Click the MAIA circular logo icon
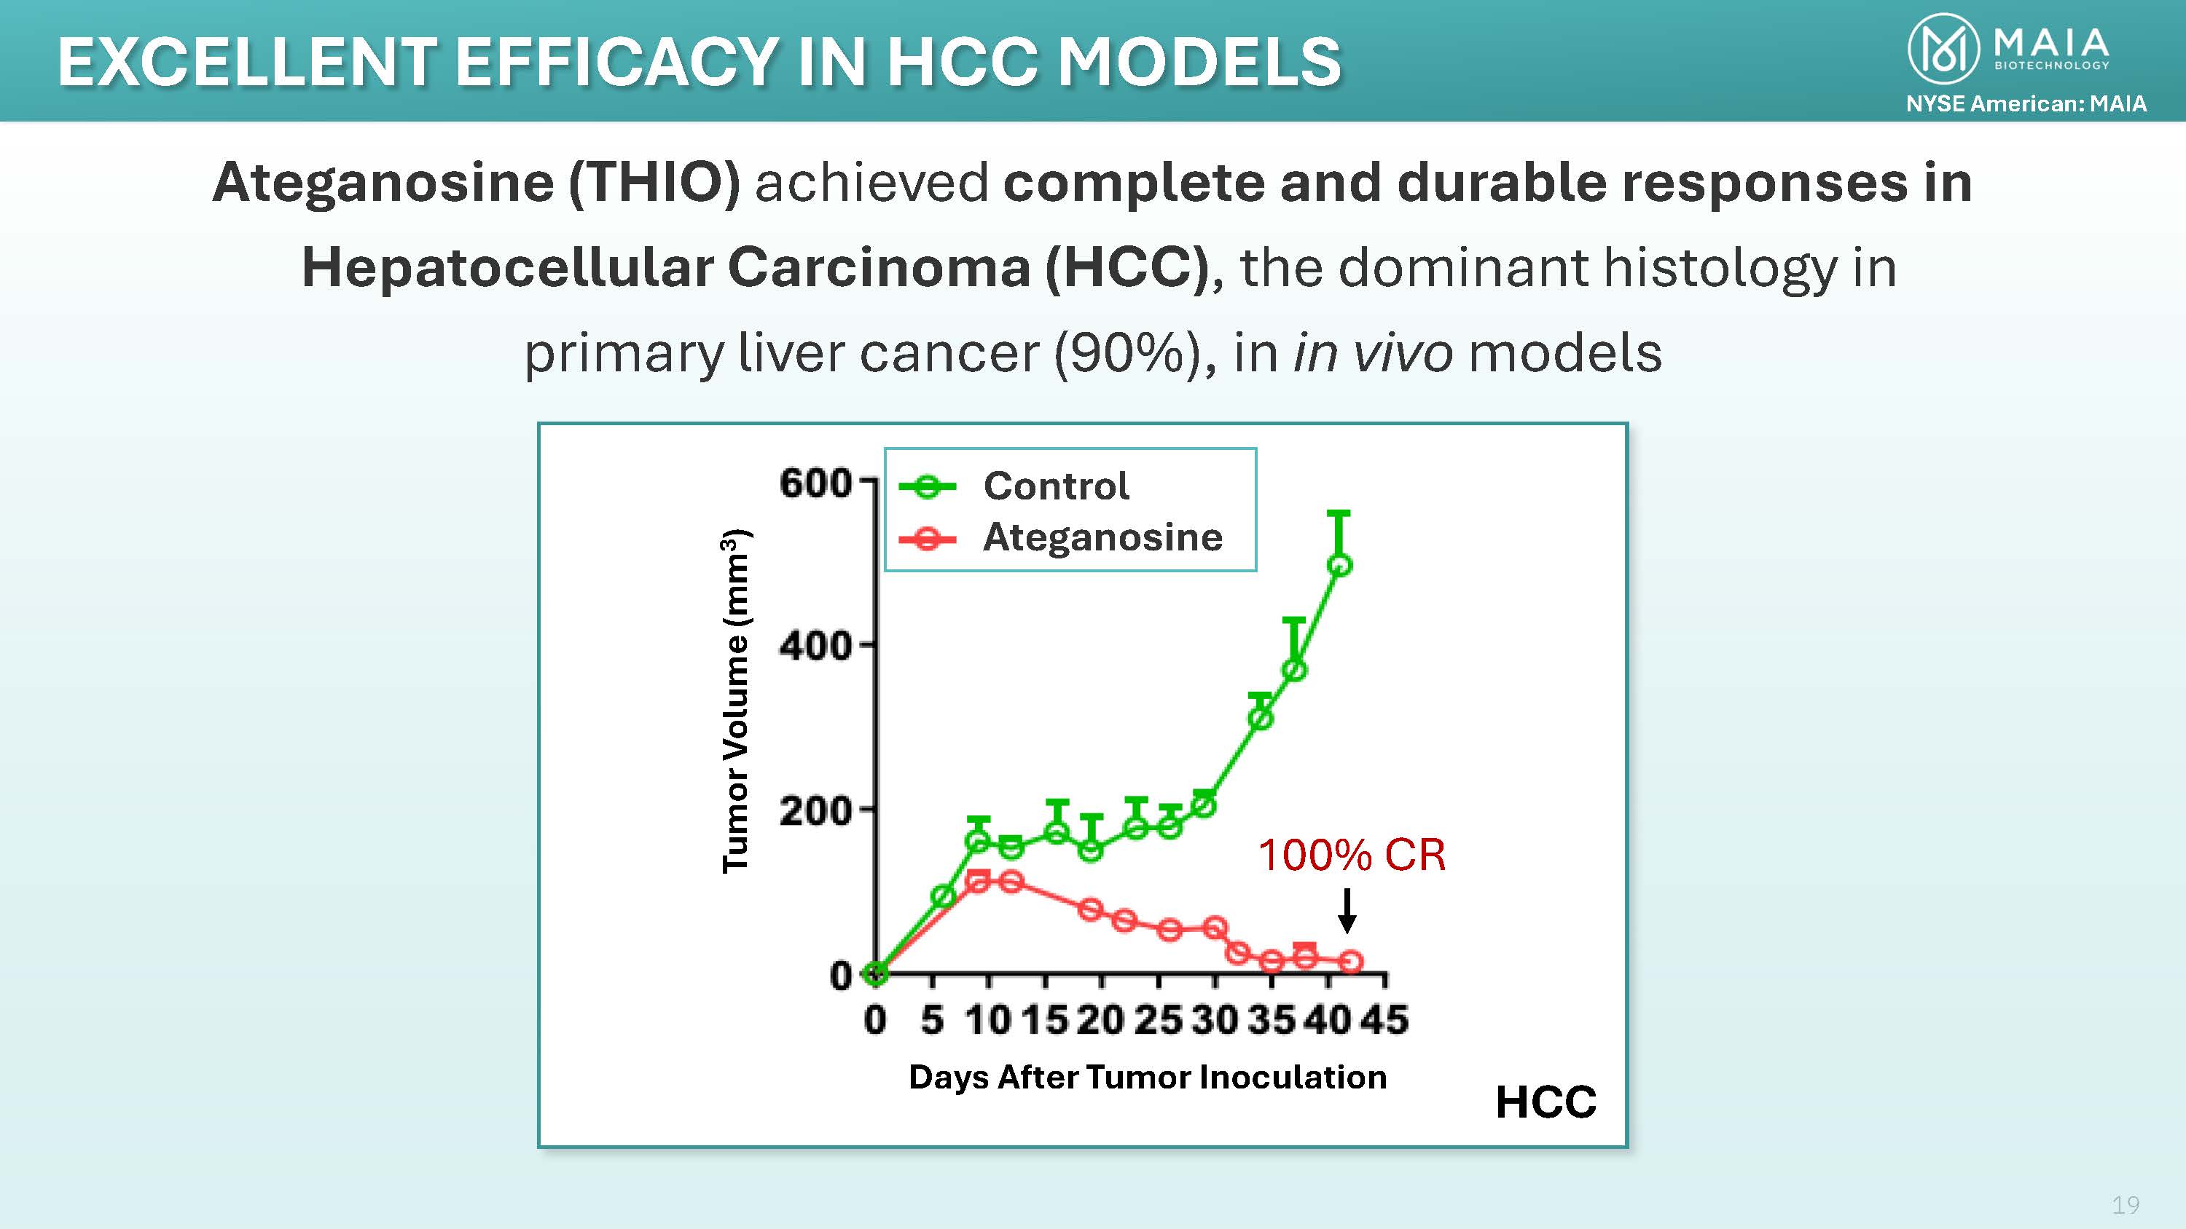pos(1943,50)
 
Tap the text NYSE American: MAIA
pos(2026,103)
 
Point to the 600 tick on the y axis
pos(815,483)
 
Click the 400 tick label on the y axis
pos(815,647)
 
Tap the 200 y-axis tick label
pos(815,812)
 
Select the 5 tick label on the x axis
pos(932,1019)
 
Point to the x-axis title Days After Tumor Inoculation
pos(1148,1077)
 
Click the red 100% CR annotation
pos(1351,855)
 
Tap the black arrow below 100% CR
pos(1347,911)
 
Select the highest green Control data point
pos(1339,565)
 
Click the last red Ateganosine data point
pos(1351,961)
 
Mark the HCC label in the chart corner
pos(1546,1102)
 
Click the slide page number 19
pos(2126,1204)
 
